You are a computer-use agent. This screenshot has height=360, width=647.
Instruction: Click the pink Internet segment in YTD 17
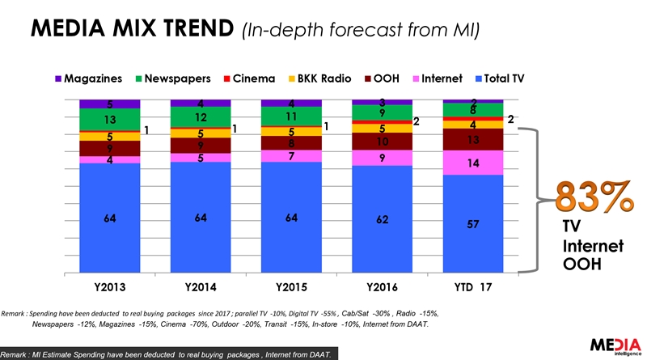click(474, 163)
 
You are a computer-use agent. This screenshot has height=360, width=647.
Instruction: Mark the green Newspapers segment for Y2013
click(110, 120)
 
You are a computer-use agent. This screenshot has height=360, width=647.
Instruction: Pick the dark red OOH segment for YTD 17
click(474, 140)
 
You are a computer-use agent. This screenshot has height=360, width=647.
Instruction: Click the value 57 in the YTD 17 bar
click(474, 223)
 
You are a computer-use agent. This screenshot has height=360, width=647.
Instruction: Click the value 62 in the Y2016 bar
click(382, 218)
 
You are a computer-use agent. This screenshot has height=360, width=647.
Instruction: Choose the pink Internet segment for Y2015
click(291, 155)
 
